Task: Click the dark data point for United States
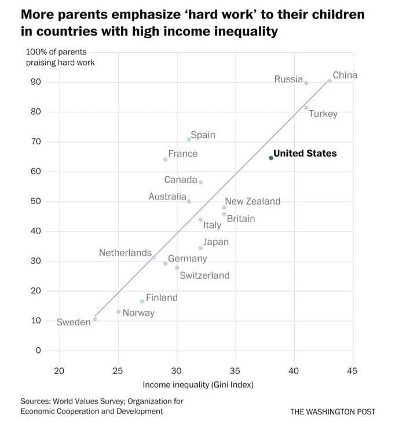pyautogui.click(x=271, y=158)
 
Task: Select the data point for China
pyautogui.click(x=330, y=81)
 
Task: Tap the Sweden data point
pyautogui.click(x=95, y=319)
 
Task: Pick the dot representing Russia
pyautogui.click(x=306, y=83)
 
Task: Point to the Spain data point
pyautogui.click(x=189, y=140)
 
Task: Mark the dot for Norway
pyautogui.click(x=119, y=312)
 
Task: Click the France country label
pyautogui.click(x=182, y=154)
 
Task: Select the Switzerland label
pyautogui.click(x=204, y=275)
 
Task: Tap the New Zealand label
pyautogui.click(x=253, y=201)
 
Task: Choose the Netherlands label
pyautogui.click(x=125, y=253)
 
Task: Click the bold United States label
pyautogui.click(x=305, y=154)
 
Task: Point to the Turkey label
pyautogui.click(x=323, y=114)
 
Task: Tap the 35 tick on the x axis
pyautogui.click(x=236, y=371)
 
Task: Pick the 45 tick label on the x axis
pyautogui.click(x=353, y=371)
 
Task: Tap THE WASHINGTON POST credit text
pyautogui.click(x=332, y=412)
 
